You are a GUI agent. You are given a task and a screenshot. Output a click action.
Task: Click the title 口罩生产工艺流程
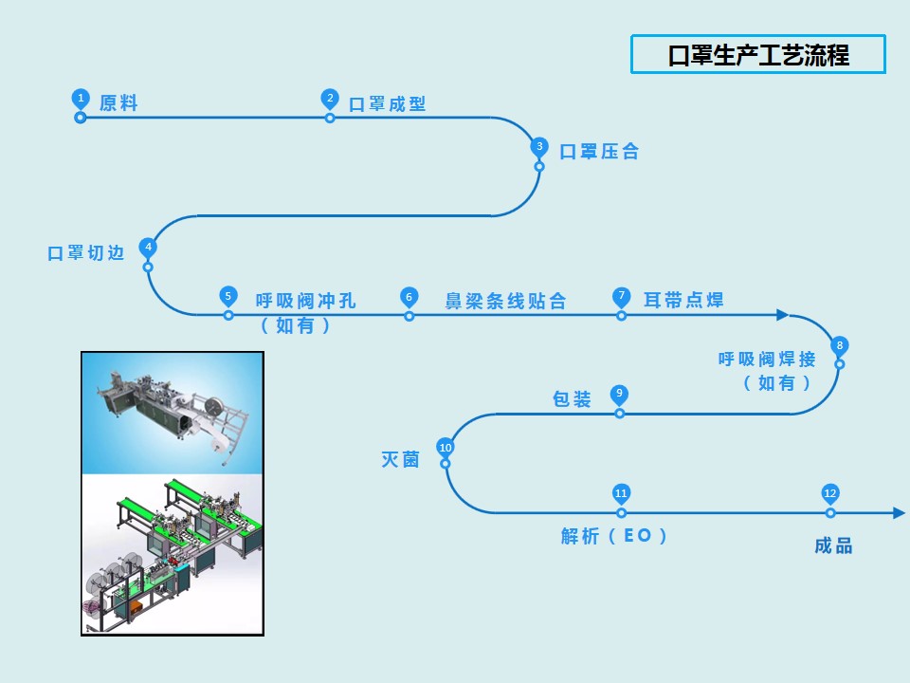click(758, 55)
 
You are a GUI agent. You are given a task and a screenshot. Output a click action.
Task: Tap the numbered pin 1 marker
click(81, 98)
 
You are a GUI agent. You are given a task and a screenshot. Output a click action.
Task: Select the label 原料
click(118, 103)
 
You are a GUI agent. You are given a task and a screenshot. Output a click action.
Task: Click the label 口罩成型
click(388, 104)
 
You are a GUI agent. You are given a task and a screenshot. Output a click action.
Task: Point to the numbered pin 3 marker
click(539, 146)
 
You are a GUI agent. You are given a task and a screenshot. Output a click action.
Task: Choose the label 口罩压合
click(599, 152)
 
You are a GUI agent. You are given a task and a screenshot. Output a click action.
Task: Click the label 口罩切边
click(86, 254)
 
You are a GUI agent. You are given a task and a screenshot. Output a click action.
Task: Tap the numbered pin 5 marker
click(228, 295)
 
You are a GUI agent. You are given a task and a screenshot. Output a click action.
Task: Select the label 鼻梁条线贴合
click(505, 302)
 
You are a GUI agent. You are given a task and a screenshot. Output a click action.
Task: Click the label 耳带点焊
click(683, 301)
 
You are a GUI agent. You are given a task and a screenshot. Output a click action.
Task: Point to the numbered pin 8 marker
click(839, 345)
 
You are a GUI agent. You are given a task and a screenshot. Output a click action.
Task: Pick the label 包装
click(572, 399)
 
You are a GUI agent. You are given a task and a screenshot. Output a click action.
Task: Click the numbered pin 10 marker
click(446, 448)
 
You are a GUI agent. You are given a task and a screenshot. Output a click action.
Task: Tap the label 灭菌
click(400, 459)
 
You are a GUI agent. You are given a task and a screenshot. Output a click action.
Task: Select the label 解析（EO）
click(614, 536)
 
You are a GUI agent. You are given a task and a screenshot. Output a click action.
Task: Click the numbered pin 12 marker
click(830, 493)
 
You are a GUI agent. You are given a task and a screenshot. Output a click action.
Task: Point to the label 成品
click(833, 545)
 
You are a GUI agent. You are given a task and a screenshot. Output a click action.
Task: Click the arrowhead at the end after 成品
click(899, 513)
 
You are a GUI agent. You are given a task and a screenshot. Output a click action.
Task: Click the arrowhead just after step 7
click(782, 315)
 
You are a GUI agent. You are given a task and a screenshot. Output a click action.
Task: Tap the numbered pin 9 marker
click(619, 393)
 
